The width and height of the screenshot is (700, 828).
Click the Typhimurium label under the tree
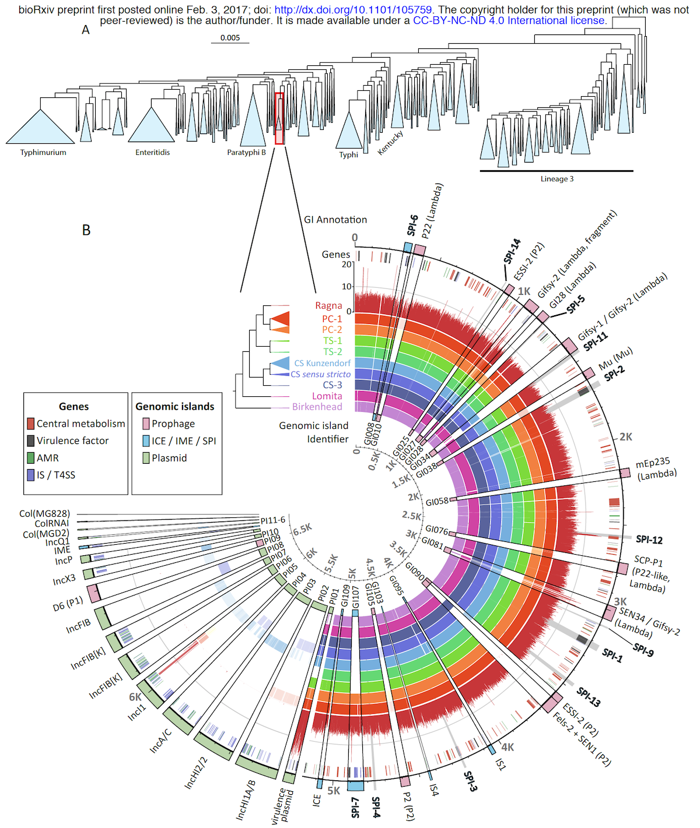point(43,153)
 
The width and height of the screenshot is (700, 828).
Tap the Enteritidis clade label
point(153,153)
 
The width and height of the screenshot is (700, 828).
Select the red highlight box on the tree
point(279,118)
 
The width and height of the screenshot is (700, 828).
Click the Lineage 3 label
point(556,179)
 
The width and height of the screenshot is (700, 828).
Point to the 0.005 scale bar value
point(230,38)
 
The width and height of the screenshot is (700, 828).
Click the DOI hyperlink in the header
point(353,10)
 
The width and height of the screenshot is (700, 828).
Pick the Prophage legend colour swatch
point(146,424)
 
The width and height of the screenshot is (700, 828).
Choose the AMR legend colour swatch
point(31,458)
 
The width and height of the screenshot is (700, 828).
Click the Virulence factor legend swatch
point(31,441)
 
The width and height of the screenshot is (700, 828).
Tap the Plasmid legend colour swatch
point(146,458)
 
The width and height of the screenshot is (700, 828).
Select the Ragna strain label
point(328,306)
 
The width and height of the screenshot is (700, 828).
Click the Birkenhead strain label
point(317,407)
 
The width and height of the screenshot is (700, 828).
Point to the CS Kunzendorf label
point(322,363)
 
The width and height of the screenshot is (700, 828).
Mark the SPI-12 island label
point(649,540)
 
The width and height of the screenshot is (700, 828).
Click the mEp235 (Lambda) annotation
point(655,469)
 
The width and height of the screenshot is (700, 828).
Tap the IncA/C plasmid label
point(160,741)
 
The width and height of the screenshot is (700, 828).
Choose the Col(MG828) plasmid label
point(44,513)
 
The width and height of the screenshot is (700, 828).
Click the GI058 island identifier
point(437,502)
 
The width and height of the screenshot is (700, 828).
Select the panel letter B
point(86,230)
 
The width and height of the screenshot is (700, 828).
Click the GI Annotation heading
point(335,220)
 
